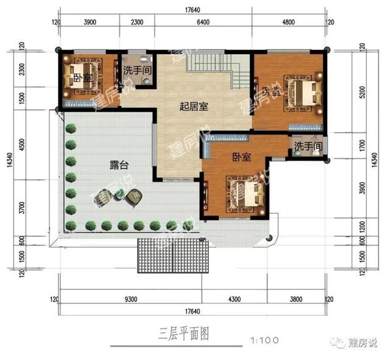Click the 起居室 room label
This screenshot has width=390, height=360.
pos(194,107)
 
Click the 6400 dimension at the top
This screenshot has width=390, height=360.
pos(203,22)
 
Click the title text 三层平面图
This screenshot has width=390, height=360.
pos(184,334)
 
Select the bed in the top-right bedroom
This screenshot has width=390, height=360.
pos(305,93)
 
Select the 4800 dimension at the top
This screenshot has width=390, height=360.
pos(288,22)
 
